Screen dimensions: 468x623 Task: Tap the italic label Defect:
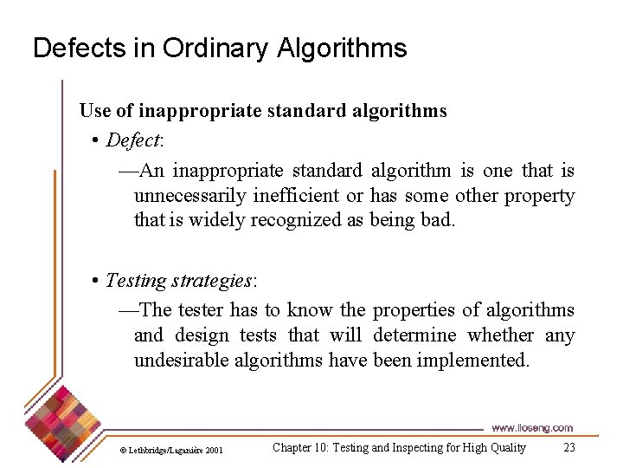coord(134,140)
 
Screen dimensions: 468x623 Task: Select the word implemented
coord(472,360)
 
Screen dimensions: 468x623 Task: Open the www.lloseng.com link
coord(531,427)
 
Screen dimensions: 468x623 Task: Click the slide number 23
coord(568,448)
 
